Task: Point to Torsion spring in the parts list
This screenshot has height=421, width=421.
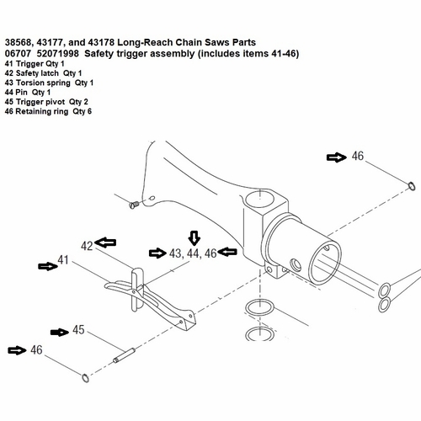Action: (48, 83)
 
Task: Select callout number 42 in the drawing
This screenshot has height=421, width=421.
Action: (87, 245)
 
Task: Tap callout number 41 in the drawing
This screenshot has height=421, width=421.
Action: (62, 262)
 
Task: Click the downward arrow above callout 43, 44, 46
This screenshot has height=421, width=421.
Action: (194, 237)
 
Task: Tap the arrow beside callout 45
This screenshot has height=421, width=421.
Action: (58, 331)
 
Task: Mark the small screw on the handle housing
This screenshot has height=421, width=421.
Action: (134, 203)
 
